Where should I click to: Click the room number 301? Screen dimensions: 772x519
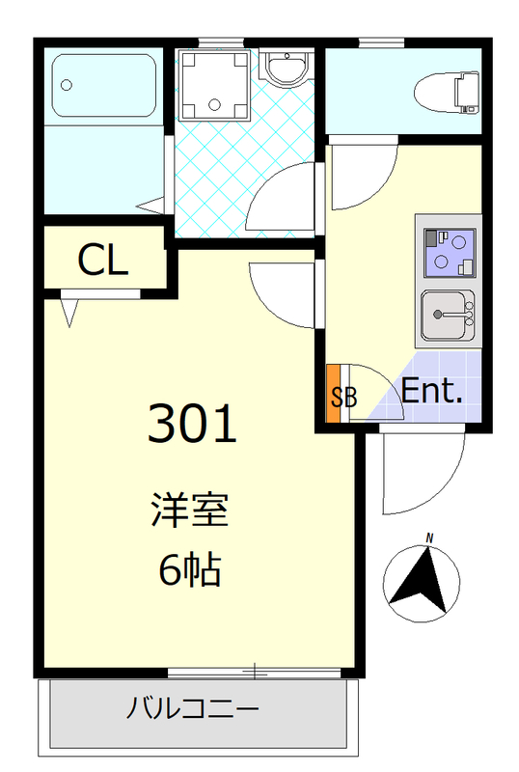(192, 425)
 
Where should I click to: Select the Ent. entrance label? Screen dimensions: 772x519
(432, 392)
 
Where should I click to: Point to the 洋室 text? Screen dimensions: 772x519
(189, 510)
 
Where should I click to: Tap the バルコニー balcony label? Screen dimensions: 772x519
(193, 712)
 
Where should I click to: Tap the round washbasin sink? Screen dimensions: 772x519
(287, 69)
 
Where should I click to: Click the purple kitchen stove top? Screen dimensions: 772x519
(448, 251)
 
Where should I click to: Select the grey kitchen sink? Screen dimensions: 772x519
(448, 315)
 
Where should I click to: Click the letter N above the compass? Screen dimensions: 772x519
(430, 538)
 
